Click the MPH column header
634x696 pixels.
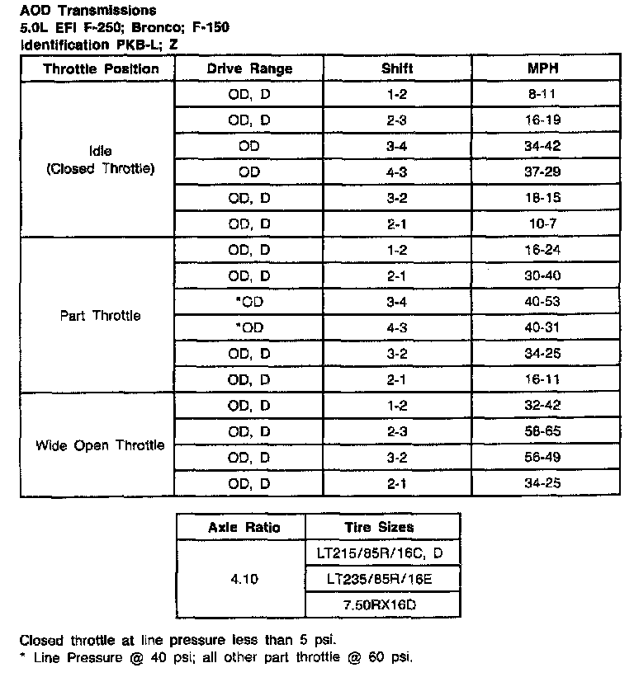click(x=543, y=68)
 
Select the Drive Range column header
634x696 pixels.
click(x=249, y=68)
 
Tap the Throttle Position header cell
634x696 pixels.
click(x=101, y=68)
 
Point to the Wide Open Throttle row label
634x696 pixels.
click(x=100, y=445)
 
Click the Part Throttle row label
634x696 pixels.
click(x=101, y=316)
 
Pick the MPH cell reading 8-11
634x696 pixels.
click(x=543, y=95)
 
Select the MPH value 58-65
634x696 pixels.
click(x=543, y=431)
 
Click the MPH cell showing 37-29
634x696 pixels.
click(x=543, y=172)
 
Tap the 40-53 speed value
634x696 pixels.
click(x=543, y=302)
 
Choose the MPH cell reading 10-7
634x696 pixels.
click(x=543, y=224)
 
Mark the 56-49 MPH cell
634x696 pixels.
click(x=543, y=458)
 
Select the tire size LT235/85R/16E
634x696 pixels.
click(x=380, y=579)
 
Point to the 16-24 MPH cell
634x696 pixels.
click(x=543, y=250)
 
